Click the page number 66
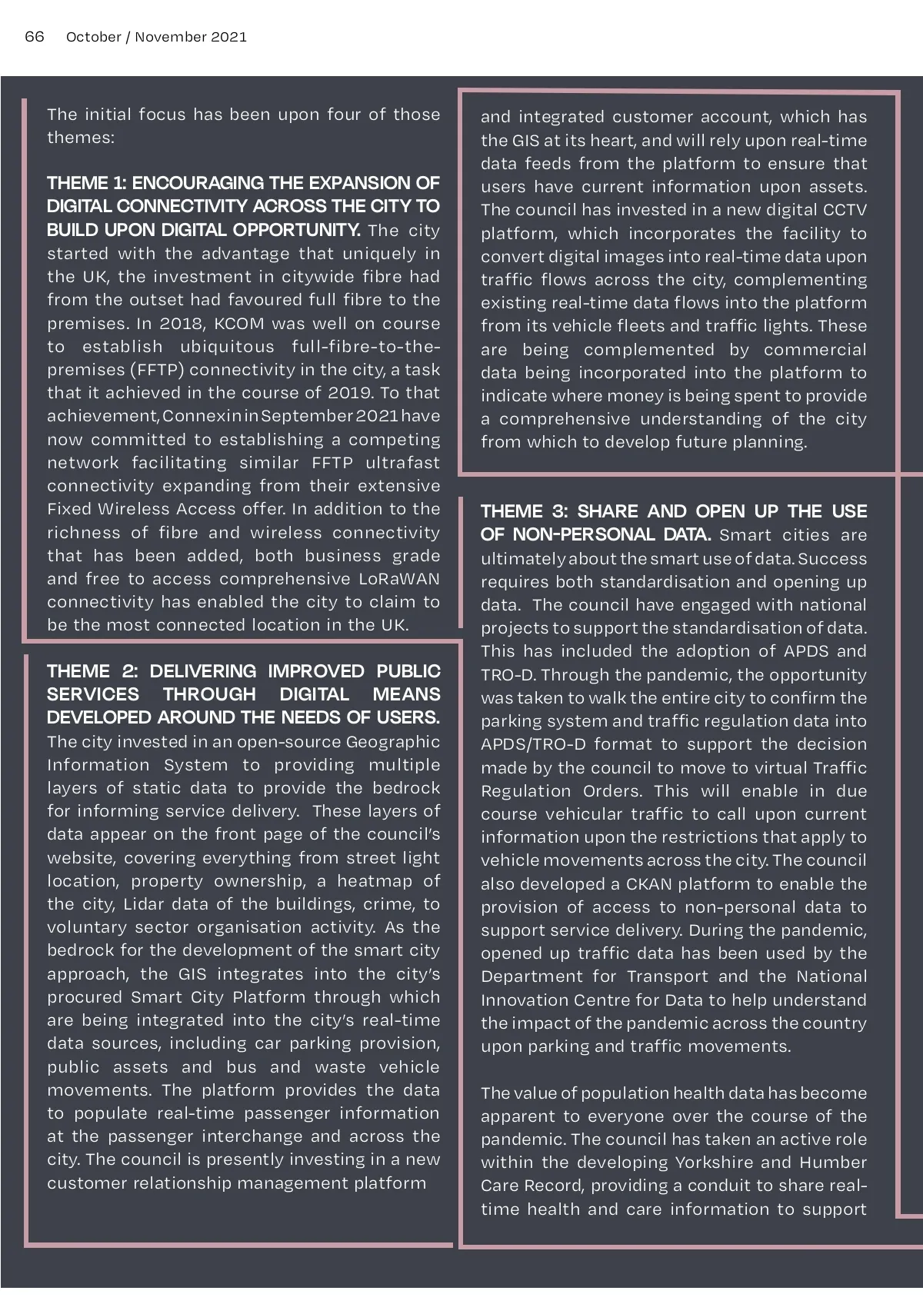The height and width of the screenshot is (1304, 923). [x=35, y=37]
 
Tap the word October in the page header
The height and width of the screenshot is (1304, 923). [x=93, y=37]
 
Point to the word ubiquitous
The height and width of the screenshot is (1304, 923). [x=227, y=347]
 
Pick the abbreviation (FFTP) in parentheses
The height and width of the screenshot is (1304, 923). [x=158, y=370]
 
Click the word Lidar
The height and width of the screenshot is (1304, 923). [x=155, y=904]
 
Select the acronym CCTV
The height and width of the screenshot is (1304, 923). [x=845, y=211]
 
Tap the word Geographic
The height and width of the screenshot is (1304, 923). [x=393, y=742]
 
